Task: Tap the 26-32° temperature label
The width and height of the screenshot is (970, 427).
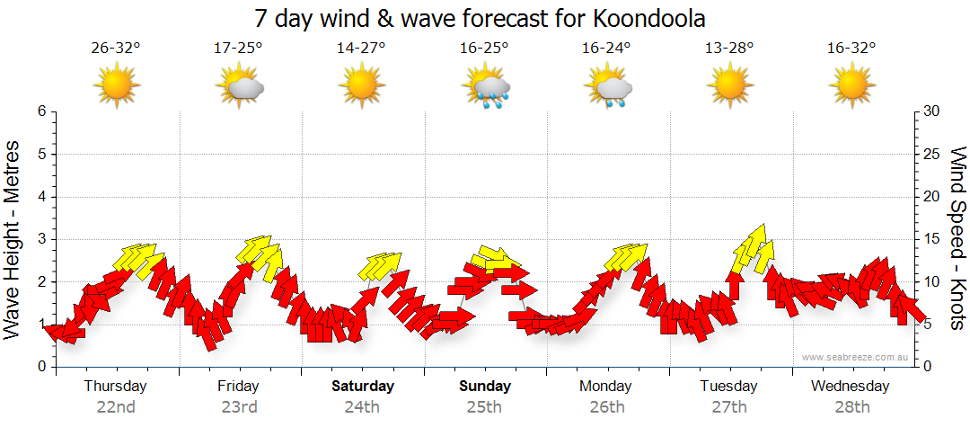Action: click(x=116, y=49)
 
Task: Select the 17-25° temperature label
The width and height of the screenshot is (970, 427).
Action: click(x=238, y=49)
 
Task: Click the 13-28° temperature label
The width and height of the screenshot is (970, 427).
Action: click(x=729, y=49)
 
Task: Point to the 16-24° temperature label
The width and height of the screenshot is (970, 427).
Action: click(x=606, y=49)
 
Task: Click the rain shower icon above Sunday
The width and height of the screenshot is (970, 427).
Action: click(x=486, y=88)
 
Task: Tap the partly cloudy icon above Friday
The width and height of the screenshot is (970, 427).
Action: click(x=240, y=88)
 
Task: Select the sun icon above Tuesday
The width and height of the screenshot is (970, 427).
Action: click(x=729, y=86)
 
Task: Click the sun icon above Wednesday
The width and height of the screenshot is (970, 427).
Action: click(x=851, y=86)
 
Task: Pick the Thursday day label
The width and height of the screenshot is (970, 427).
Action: click(x=115, y=387)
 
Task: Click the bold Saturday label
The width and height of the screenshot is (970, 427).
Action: click(x=363, y=387)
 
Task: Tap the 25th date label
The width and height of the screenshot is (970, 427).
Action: click(x=484, y=406)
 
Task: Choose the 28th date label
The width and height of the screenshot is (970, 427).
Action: click(x=851, y=406)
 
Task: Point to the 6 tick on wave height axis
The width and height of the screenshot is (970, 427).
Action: click(x=41, y=111)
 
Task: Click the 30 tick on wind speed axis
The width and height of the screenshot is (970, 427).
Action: click(x=932, y=111)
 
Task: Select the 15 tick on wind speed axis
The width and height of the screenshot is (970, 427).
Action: click(x=932, y=239)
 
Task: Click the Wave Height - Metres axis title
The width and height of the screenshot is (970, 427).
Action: click(x=13, y=239)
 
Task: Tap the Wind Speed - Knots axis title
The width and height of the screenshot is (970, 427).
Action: click(x=957, y=238)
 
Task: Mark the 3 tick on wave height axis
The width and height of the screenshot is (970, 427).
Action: click(x=41, y=239)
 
